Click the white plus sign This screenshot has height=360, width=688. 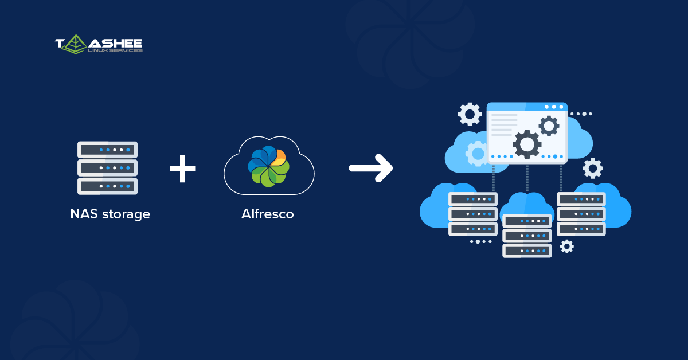tap(182, 168)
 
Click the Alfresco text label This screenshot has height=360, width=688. tap(268, 214)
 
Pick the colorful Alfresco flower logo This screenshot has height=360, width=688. tap(267, 166)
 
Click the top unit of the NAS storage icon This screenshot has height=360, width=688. tap(107, 150)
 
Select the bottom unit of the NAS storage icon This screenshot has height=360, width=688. tap(107, 186)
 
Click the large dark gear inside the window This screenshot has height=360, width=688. tap(527, 144)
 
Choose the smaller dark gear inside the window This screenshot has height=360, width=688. tap(549, 126)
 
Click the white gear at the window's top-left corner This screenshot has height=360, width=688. tap(470, 114)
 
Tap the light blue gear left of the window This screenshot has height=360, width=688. tap(477, 153)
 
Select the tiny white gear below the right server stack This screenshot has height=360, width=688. tap(566, 246)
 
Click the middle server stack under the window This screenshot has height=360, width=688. tap(527, 236)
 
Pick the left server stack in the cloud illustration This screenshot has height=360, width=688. tap(473, 214)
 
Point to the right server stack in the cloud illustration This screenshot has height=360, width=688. tap(581, 214)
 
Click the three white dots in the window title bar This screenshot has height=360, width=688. tap(554, 107)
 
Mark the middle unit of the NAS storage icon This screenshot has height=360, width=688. tap(107, 168)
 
